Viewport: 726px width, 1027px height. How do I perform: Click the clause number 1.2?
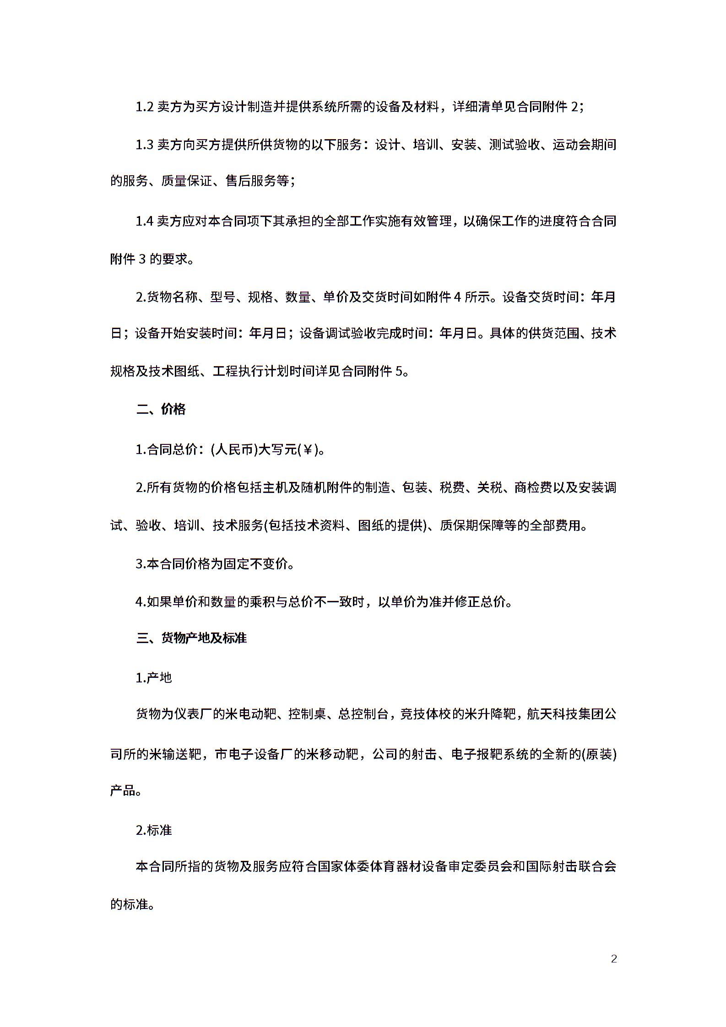point(145,108)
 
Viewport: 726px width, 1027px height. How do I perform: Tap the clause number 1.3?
point(145,145)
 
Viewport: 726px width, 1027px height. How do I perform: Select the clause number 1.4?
point(145,222)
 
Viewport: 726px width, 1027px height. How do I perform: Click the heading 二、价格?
point(161,409)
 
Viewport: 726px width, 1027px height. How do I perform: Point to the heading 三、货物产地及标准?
point(191,638)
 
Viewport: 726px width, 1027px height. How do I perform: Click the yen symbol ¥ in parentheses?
point(308,450)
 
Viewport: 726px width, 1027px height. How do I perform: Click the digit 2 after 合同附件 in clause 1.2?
point(575,108)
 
